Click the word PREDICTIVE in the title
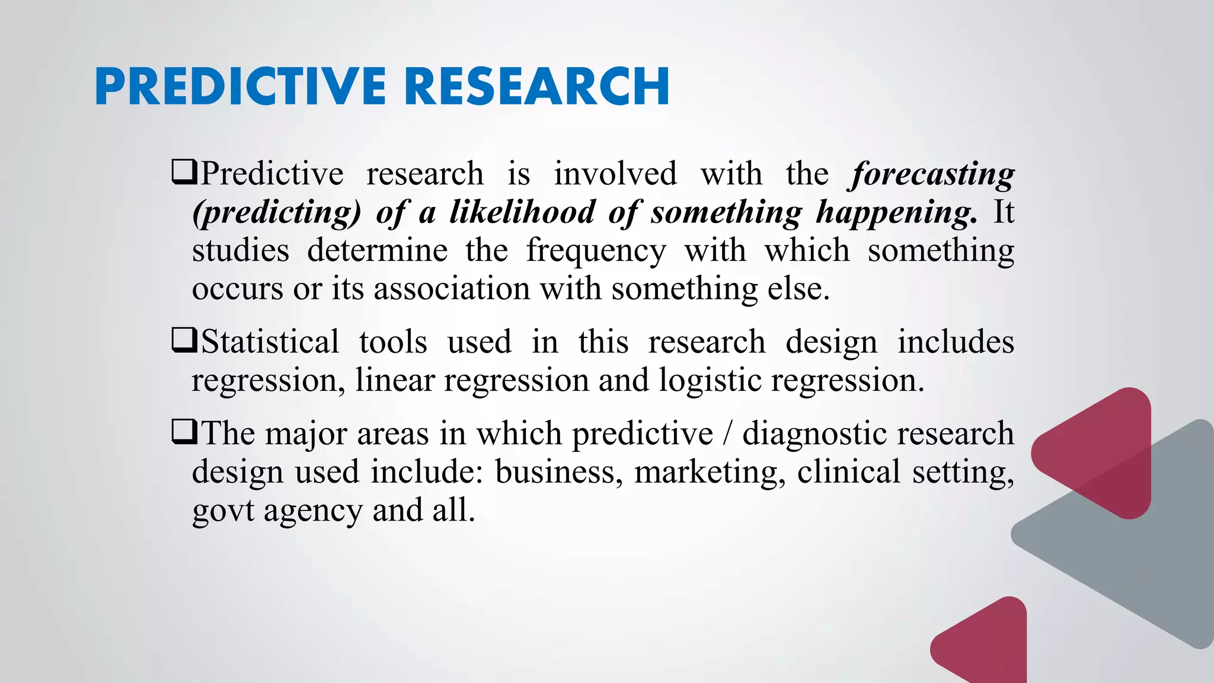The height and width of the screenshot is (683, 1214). [x=240, y=87]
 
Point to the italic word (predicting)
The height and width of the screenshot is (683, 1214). [x=277, y=212]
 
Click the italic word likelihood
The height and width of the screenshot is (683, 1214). [x=522, y=212]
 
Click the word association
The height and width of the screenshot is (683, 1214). [x=452, y=289]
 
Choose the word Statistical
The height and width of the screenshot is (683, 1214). [x=270, y=342]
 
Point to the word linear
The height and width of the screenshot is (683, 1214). [x=395, y=381]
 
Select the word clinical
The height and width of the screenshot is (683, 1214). [x=848, y=472]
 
